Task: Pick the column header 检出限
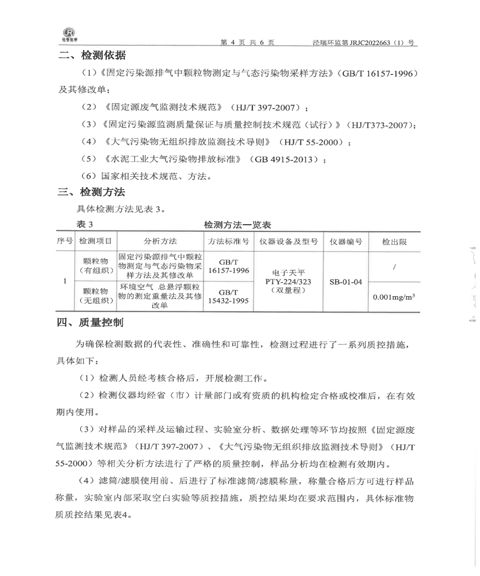[x=394, y=241]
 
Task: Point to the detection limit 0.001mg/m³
[x=394, y=297]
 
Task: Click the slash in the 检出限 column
[x=394, y=266]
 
